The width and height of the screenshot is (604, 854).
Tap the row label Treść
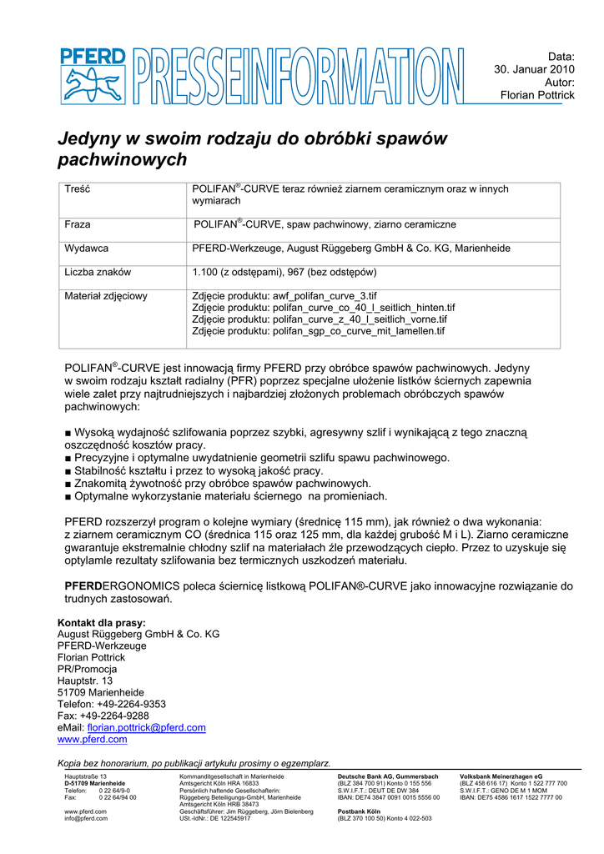click(x=78, y=190)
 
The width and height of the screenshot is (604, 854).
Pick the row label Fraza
click(x=78, y=225)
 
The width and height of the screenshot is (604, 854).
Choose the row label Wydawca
click(x=87, y=249)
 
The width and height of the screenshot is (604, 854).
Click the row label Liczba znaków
click(x=98, y=272)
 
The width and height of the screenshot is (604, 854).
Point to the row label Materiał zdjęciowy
click(x=106, y=296)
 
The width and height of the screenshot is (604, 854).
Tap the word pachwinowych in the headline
click(x=122, y=159)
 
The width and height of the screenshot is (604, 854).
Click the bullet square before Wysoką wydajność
click(x=68, y=433)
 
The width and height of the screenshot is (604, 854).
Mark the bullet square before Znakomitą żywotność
click(x=68, y=483)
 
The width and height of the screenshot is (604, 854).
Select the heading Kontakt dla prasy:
click(x=101, y=622)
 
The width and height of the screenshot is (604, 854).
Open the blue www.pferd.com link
click(x=92, y=739)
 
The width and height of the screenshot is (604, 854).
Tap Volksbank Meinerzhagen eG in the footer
click(x=501, y=776)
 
